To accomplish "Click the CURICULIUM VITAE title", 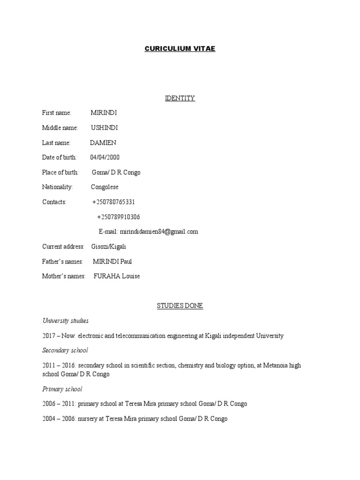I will (x=180, y=49).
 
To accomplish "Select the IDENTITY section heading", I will (x=180, y=98).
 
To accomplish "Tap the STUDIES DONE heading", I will (x=180, y=306).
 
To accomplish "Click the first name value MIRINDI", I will (x=104, y=112).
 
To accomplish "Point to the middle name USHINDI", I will (x=104, y=127).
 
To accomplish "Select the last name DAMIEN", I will (x=103, y=142).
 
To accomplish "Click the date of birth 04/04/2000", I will (x=105, y=157).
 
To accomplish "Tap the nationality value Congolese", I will (x=105, y=187).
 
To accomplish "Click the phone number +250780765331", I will (x=113, y=202).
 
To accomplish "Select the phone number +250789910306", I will (x=118, y=217).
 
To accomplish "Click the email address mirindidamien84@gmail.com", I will (x=159, y=232).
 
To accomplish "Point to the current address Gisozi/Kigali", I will (x=109, y=247).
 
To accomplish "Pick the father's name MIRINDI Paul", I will (x=112, y=262).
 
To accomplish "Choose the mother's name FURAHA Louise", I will (x=117, y=276).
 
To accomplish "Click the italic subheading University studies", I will (x=65, y=321).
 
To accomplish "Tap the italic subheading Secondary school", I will (x=65, y=350).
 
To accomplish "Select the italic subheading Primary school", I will (x=62, y=389).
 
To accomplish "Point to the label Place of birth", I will (x=60, y=172).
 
